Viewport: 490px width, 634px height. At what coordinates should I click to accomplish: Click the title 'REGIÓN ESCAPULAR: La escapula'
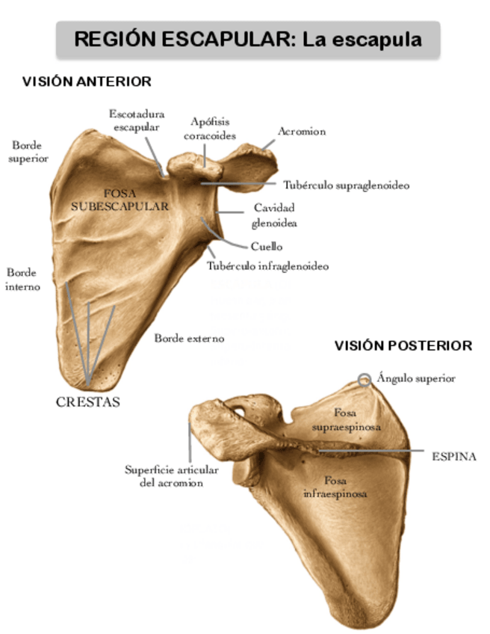[x=247, y=39]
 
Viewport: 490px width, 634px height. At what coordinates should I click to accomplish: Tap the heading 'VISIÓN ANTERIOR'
[x=87, y=81]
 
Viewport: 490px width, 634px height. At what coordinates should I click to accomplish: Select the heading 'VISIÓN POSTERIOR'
[x=403, y=345]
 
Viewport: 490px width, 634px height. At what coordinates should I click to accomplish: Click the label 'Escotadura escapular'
[x=136, y=120]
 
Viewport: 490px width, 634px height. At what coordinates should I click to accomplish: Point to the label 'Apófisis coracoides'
[x=210, y=128]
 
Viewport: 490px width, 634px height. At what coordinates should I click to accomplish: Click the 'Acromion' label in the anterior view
[x=302, y=132]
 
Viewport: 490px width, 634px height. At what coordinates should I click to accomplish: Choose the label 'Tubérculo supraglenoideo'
[x=346, y=184]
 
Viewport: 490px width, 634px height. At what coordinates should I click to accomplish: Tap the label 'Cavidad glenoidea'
[x=274, y=214]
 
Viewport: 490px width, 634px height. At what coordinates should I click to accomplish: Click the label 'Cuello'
[x=266, y=246]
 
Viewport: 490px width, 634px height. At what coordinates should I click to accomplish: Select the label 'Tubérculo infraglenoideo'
[x=267, y=265]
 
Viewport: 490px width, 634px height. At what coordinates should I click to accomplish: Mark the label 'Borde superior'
[x=28, y=151]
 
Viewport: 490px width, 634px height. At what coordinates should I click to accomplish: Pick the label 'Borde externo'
[x=189, y=339]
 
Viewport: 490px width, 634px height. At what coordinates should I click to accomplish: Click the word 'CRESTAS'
[x=88, y=401]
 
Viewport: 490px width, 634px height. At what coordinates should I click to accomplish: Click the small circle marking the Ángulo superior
[x=364, y=380]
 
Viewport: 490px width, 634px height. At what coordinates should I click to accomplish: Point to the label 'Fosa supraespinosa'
[x=345, y=419]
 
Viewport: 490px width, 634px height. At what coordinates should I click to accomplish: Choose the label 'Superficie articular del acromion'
[x=172, y=476]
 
